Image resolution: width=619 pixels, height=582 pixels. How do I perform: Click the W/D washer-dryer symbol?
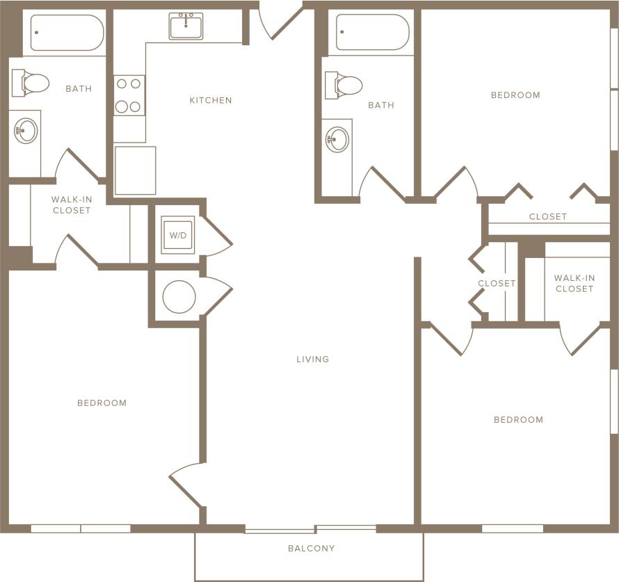pos(178,235)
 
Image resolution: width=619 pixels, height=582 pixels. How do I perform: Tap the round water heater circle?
pos(179,297)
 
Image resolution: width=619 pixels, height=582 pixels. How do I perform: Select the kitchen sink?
pos(186,26)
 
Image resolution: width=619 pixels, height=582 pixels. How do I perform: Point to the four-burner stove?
pos(129,95)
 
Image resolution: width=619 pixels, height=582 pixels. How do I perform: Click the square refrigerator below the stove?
pos(135,170)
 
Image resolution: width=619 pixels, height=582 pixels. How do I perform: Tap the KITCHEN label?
pos(211,101)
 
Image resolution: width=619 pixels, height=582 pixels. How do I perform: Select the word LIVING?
pos(312,359)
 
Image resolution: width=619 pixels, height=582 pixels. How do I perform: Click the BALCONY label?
pos(311,549)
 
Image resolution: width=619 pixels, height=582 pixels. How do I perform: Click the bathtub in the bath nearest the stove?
pos(67,33)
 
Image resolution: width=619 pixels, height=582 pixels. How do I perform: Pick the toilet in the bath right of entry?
pos(344,85)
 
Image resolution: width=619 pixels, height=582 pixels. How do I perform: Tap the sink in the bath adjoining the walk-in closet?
pos(26,131)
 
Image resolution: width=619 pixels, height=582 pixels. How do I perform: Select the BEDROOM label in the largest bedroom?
pos(102,403)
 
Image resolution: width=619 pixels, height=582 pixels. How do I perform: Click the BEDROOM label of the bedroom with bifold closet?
pos(515,95)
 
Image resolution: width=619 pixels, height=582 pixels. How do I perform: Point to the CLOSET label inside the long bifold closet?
pos(547,217)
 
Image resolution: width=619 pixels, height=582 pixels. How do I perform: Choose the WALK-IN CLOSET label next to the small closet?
pos(574,283)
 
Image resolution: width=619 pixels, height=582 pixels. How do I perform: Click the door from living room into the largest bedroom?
pos(185,485)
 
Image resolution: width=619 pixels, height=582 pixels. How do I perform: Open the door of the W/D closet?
pos(216,236)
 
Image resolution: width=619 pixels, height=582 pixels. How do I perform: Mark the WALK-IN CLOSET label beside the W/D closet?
pos(72,205)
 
